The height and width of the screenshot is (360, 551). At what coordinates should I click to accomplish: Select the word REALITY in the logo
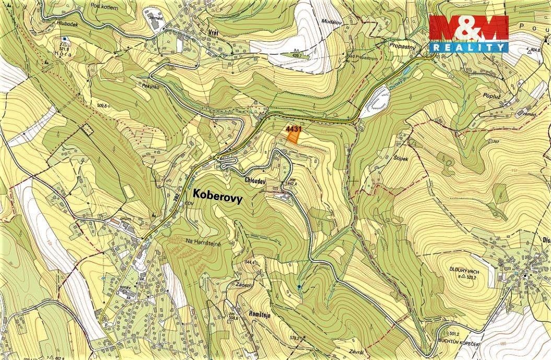(x=468, y=47)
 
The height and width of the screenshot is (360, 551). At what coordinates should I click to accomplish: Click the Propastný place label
(x=403, y=47)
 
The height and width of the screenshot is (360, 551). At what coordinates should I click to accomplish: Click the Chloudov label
(x=255, y=180)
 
